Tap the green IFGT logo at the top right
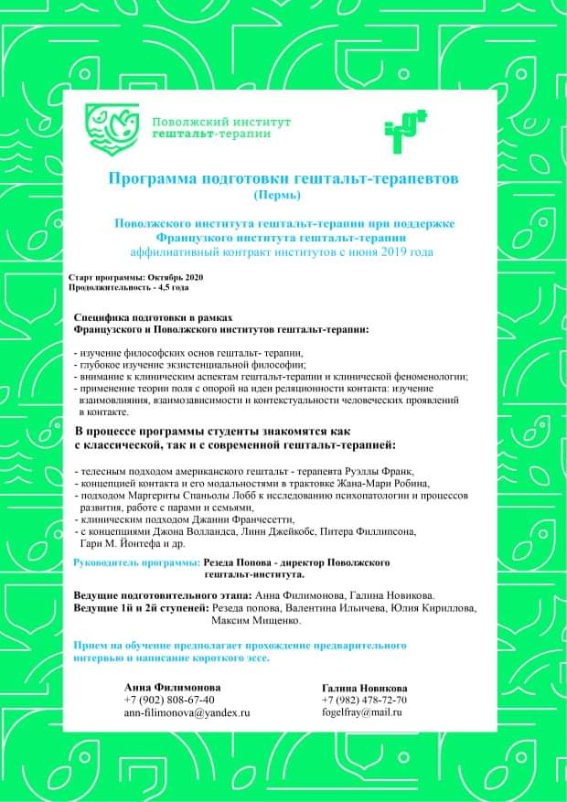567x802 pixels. pyautogui.click(x=405, y=129)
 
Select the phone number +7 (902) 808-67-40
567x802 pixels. pyautogui.click(x=169, y=700)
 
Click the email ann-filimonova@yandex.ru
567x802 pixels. pyautogui.click(x=187, y=711)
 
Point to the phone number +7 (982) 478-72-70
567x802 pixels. pyautogui.click(x=364, y=700)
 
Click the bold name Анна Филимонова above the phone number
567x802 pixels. pyautogui.click(x=173, y=687)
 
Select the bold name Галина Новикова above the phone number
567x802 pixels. pyautogui.click(x=365, y=688)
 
